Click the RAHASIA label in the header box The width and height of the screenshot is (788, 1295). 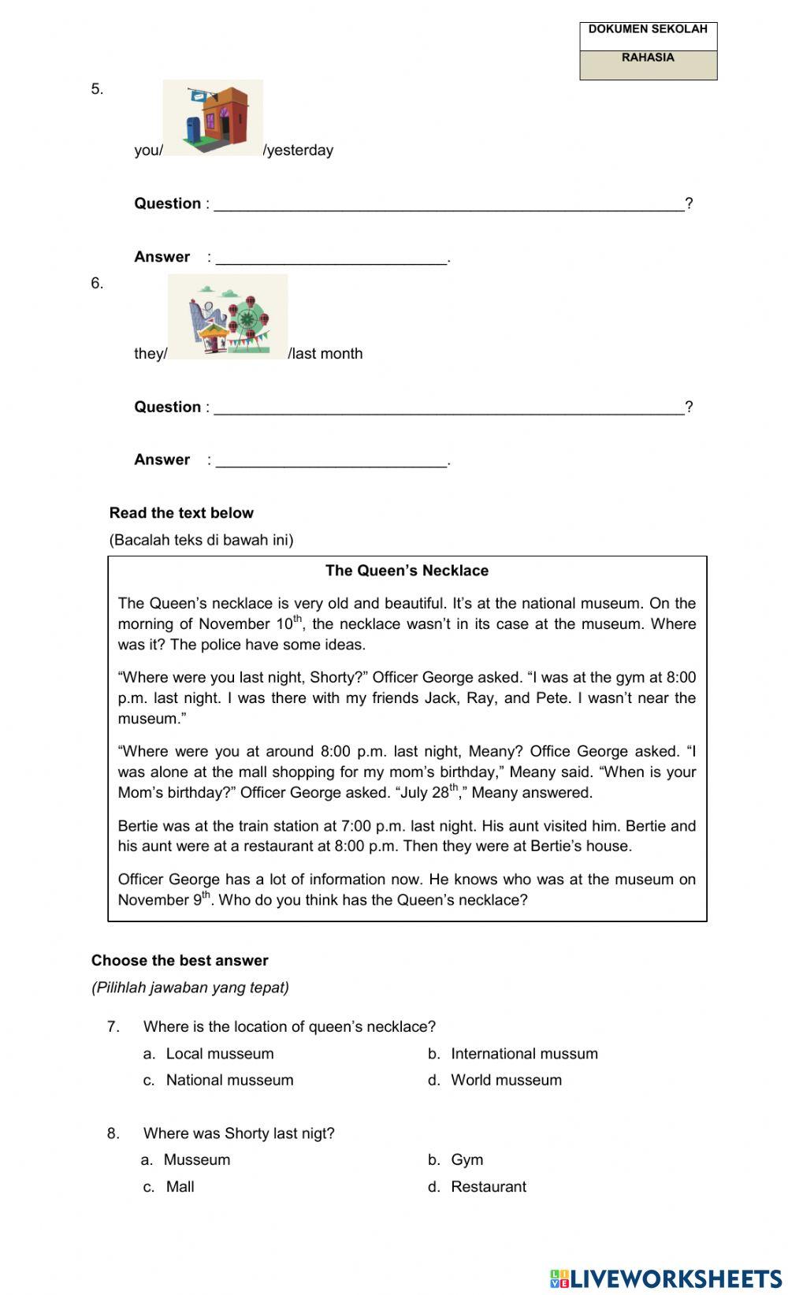click(648, 58)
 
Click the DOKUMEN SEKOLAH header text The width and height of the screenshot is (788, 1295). click(648, 29)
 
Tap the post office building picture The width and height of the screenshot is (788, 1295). click(213, 118)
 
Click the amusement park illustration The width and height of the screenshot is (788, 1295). click(228, 317)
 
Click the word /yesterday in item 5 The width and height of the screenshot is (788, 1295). click(299, 151)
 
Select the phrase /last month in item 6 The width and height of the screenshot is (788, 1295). click(325, 354)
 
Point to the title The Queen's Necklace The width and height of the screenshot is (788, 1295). click(407, 571)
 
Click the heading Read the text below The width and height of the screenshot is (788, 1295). click(181, 513)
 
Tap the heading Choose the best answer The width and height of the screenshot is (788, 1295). click(180, 961)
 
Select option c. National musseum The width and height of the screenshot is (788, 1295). click(229, 1081)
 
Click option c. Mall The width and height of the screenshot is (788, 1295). click(180, 1187)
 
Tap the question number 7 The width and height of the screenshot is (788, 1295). click(113, 1027)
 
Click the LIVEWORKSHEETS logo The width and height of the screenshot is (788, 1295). click(666, 1278)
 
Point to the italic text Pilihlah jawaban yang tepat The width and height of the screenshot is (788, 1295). click(190, 988)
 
